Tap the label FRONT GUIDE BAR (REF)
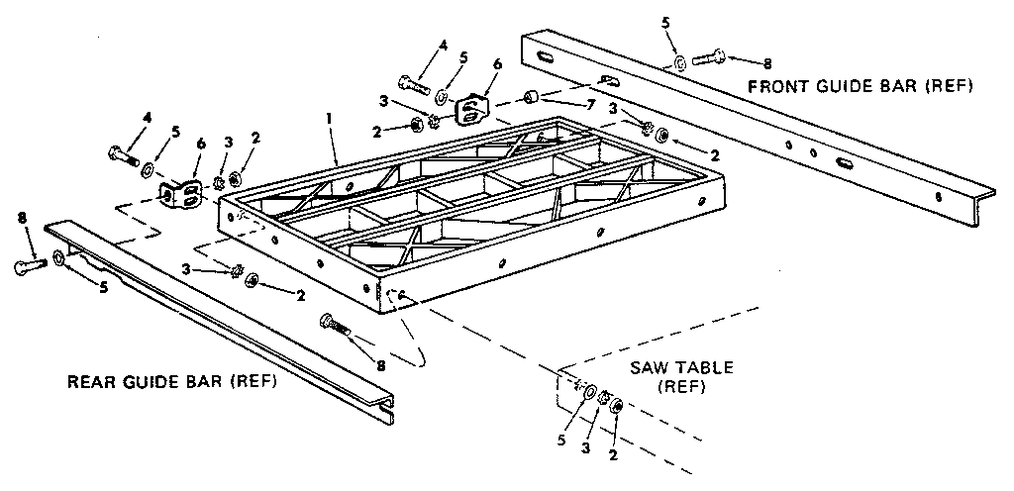(860, 87)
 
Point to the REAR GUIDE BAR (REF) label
(171, 382)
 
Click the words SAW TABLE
(682, 367)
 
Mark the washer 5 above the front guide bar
(679, 63)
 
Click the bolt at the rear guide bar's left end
(29, 265)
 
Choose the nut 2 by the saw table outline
(615, 405)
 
